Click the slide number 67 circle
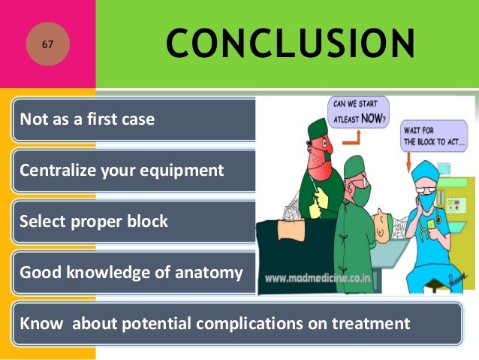(47, 45)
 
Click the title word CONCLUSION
(290, 44)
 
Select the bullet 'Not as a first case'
(87, 119)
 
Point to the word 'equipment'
(189, 171)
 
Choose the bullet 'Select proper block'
(94, 222)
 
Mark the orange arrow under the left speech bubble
(359, 136)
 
